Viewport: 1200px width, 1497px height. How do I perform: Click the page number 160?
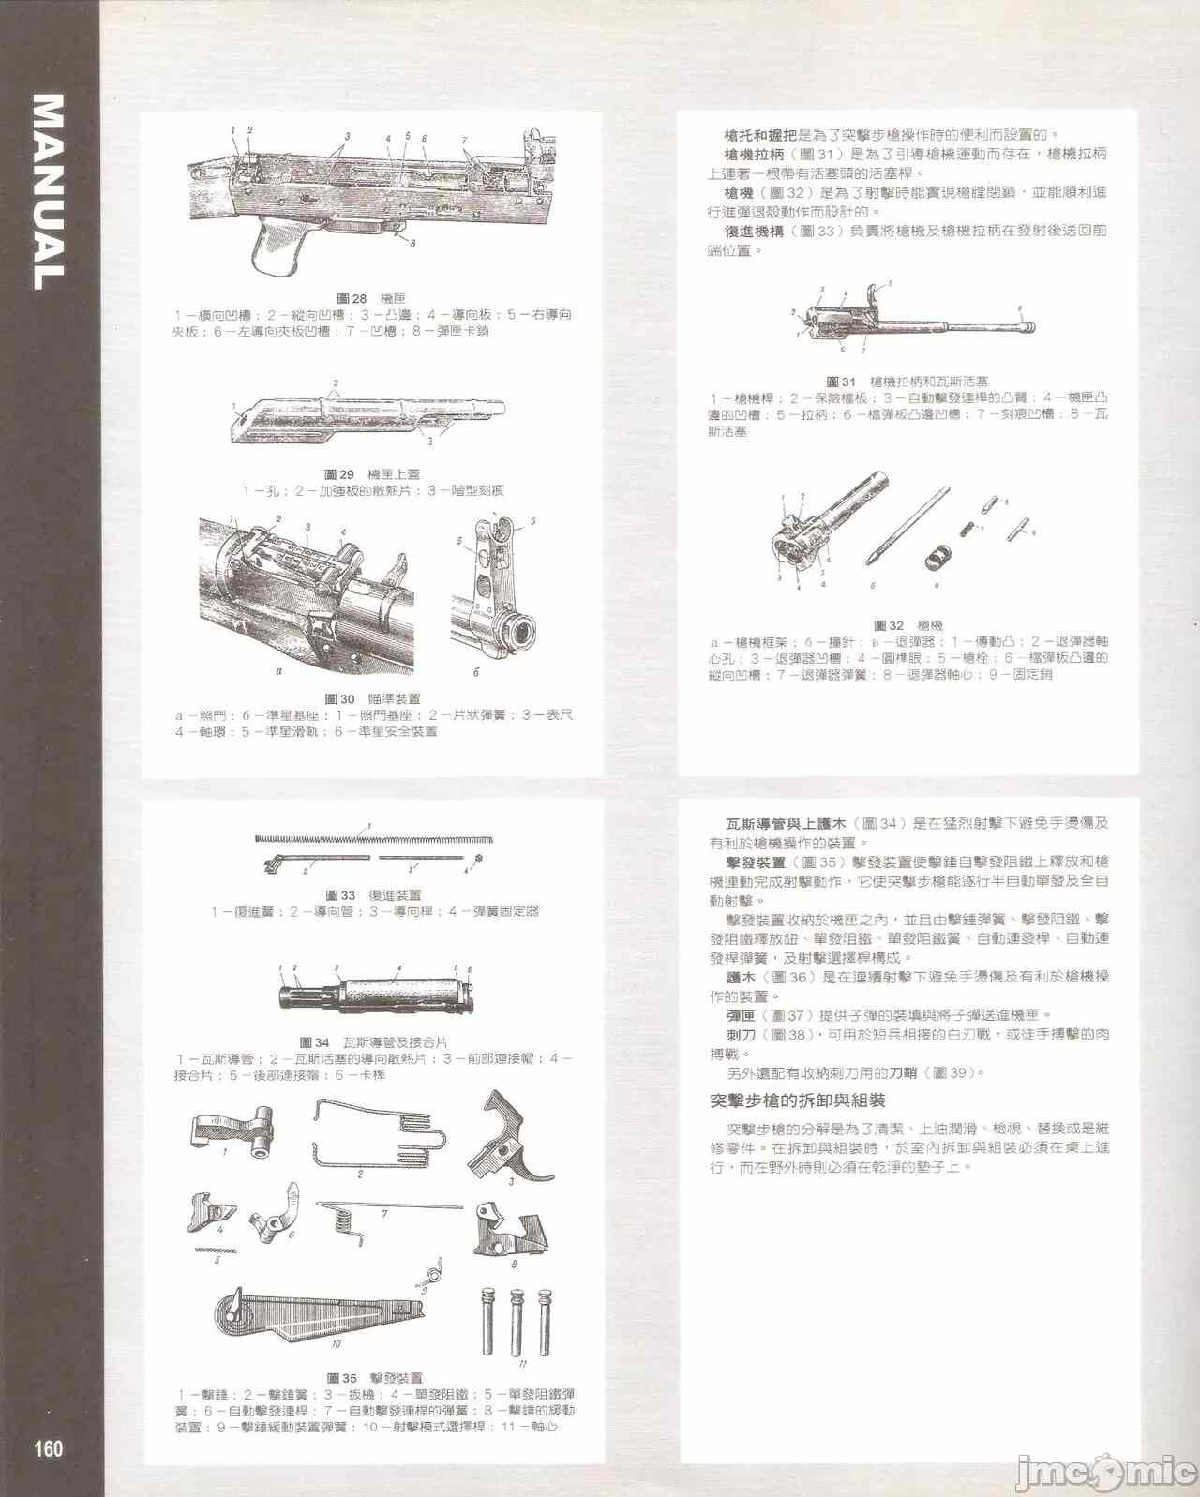tap(49, 1448)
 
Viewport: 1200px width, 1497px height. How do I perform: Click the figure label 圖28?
tap(352, 299)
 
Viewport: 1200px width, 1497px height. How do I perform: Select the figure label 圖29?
tap(339, 474)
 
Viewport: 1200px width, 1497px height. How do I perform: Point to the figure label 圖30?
tap(340, 698)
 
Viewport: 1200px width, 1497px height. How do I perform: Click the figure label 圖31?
tap(842, 382)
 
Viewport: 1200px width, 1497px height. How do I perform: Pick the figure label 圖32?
tap(889, 625)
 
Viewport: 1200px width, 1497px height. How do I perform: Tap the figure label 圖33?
tap(341, 895)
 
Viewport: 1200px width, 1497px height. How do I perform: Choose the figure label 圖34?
tap(315, 1042)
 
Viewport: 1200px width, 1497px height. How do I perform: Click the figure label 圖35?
tap(342, 1378)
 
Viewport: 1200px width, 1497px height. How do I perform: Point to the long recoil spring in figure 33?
tap(375, 837)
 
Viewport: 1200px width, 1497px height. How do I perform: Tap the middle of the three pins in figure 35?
tap(516, 1322)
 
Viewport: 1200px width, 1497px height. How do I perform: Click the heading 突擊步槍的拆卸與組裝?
tap(798, 1100)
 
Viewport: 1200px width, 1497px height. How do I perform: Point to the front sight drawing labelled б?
tap(492, 600)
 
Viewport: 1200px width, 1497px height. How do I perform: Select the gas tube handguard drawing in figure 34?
tap(375, 993)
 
